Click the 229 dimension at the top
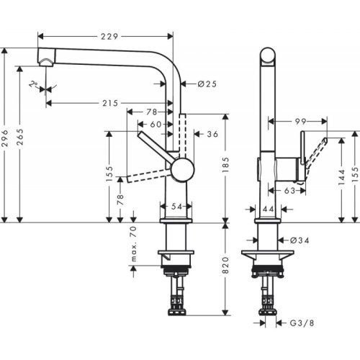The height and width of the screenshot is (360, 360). coord(109,36)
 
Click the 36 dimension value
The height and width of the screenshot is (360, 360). coord(212,134)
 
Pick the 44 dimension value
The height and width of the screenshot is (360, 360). coord(266,208)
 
